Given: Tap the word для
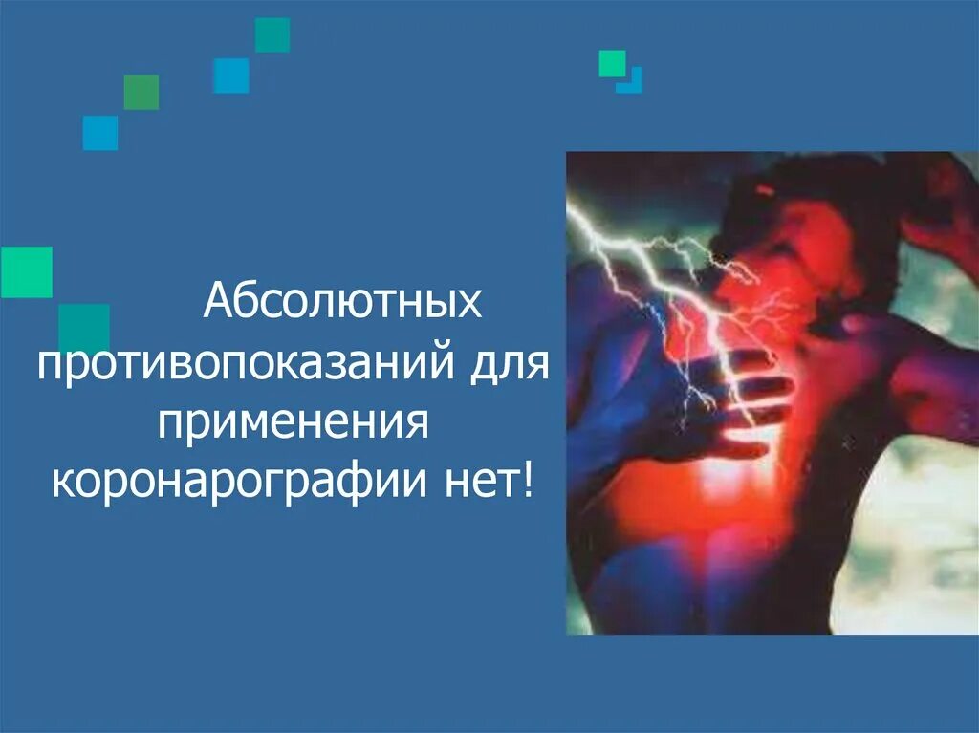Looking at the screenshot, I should [x=505, y=364].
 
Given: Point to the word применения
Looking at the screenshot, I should [x=291, y=422].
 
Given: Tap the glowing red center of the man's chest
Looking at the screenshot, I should [x=727, y=478].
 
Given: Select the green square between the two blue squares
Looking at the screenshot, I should [x=141, y=92].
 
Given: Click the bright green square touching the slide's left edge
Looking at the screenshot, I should [x=26, y=272].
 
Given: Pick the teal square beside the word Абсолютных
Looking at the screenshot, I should [x=84, y=328].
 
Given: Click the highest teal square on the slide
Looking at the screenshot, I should [x=272, y=35].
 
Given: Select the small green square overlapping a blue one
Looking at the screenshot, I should [x=612, y=63].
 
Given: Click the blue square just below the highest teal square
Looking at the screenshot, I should [x=231, y=75].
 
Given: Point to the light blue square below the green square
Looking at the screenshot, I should [x=100, y=133].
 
